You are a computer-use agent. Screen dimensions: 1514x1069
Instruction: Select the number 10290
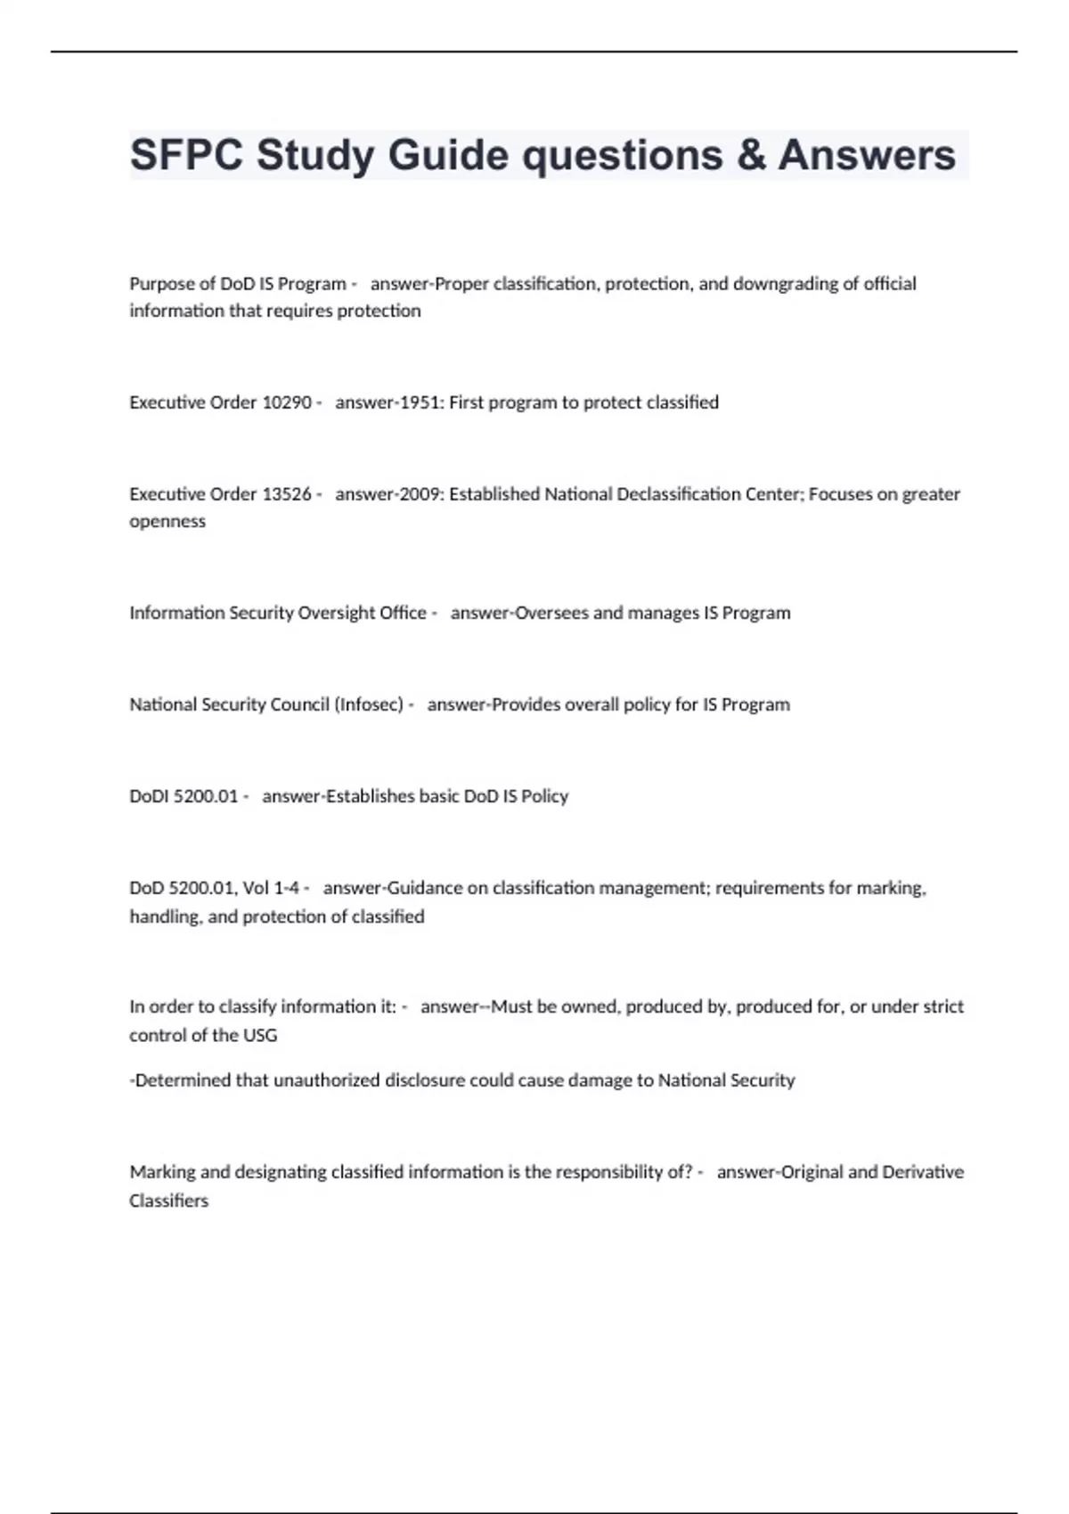click(x=286, y=403)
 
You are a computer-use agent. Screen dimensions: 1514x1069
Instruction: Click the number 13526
click(x=286, y=494)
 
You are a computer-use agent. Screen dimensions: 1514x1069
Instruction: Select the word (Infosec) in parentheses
click(x=369, y=704)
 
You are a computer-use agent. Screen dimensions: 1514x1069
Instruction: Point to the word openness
click(x=167, y=522)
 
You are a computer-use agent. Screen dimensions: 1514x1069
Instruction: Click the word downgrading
click(x=786, y=284)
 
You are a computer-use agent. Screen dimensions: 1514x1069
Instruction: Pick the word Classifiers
click(x=168, y=1201)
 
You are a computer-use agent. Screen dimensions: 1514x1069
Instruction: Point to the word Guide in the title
click(x=447, y=155)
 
